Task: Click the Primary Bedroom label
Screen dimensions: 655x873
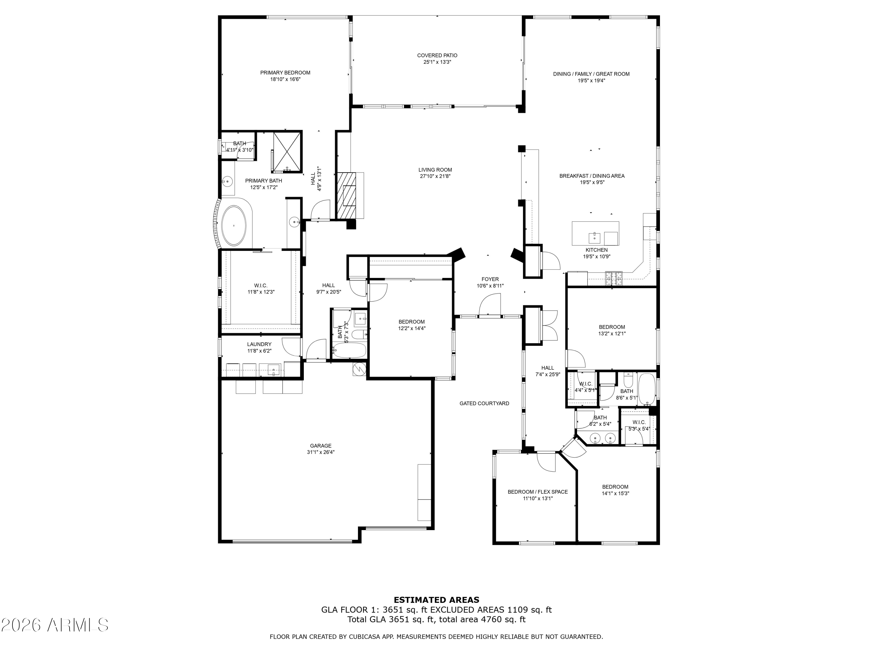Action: coord(285,73)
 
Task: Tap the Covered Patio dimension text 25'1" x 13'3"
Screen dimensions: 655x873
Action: coord(436,62)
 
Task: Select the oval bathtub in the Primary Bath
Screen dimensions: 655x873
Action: coord(234,226)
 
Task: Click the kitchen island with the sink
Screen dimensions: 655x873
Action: coord(595,233)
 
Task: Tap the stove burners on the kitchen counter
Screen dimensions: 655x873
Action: coord(613,278)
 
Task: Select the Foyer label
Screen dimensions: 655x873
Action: coord(490,279)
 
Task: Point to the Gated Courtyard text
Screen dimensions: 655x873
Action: coord(484,403)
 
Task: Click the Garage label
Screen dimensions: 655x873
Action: coord(320,446)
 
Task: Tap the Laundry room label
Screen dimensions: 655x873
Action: coord(259,344)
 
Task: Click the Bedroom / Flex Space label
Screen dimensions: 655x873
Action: coord(537,492)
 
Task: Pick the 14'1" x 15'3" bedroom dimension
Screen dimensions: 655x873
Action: coord(615,493)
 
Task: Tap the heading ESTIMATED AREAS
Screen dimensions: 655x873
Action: coord(436,600)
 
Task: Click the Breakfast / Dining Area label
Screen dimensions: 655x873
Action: coord(592,176)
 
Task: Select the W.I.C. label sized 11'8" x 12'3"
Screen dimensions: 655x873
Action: coord(260,286)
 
